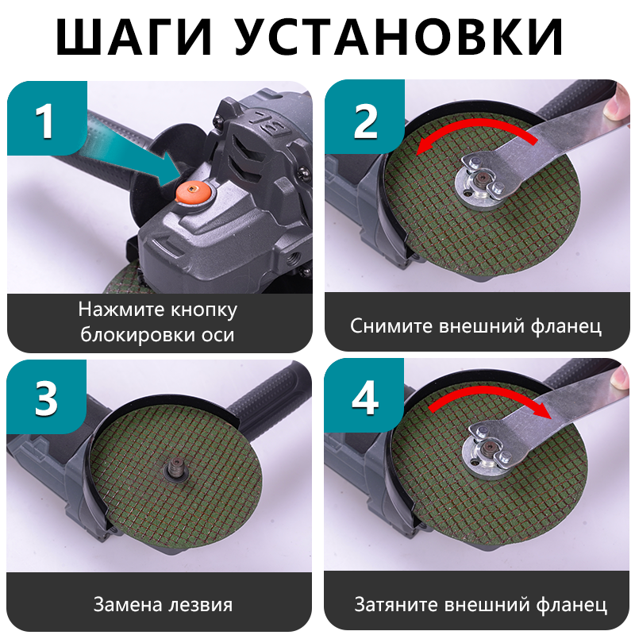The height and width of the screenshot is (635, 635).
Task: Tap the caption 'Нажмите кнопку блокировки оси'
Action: tap(158, 322)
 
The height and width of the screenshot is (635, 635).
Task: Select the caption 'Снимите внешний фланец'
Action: tap(476, 325)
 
